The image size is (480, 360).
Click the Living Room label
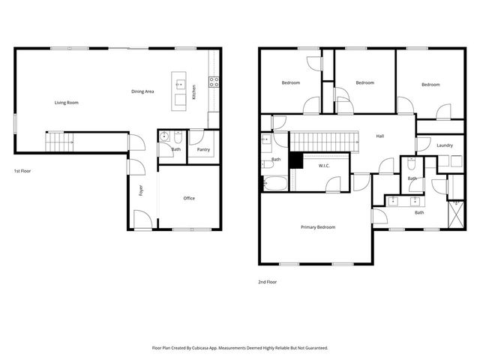(x=66, y=103)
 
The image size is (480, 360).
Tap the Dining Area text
(x=142, y=91)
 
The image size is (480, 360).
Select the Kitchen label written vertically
(x=193, y=91)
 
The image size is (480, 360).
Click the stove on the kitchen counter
(x=214, y=82)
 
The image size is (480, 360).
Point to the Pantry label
(x=203, y=149)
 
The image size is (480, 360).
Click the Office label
(x=189, y=198)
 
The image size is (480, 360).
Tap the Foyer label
(x=140, y=190)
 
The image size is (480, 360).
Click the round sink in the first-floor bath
(x=164, y=137)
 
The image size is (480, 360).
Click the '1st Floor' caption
(x=22, y=171)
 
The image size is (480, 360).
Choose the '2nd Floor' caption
(x=268, y=283)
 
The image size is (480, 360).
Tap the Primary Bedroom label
(x=318, y=227)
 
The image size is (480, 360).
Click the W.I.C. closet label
(x=325, y=166)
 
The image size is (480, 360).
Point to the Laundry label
(x=444, y=145)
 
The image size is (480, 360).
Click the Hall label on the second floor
(x=380, y=136)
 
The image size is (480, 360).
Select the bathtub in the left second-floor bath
(x=274, y=182)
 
